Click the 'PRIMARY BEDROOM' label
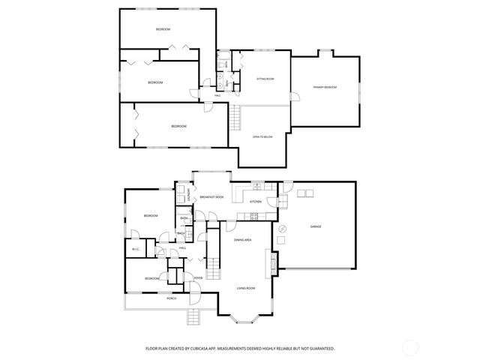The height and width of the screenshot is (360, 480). tap(325, 88)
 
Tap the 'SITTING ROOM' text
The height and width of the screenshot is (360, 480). tap(265, 78)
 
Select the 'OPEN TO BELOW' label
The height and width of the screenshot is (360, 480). tap(262, 136)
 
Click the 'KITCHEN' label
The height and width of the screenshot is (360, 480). tap(255, 202)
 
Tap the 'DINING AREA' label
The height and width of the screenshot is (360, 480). tap(242, 240)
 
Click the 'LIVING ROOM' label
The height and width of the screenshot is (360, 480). tap(247, 288)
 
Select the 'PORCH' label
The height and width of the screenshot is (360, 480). tap(172, 298)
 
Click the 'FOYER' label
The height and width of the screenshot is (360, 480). tap(199, 278)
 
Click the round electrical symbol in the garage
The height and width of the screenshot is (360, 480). tap(283, 228)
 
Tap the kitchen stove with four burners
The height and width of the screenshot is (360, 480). tap(253, 217)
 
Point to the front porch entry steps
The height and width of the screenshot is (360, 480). tap(195, 316)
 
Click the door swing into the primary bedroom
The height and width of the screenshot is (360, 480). tap(295, 96)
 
